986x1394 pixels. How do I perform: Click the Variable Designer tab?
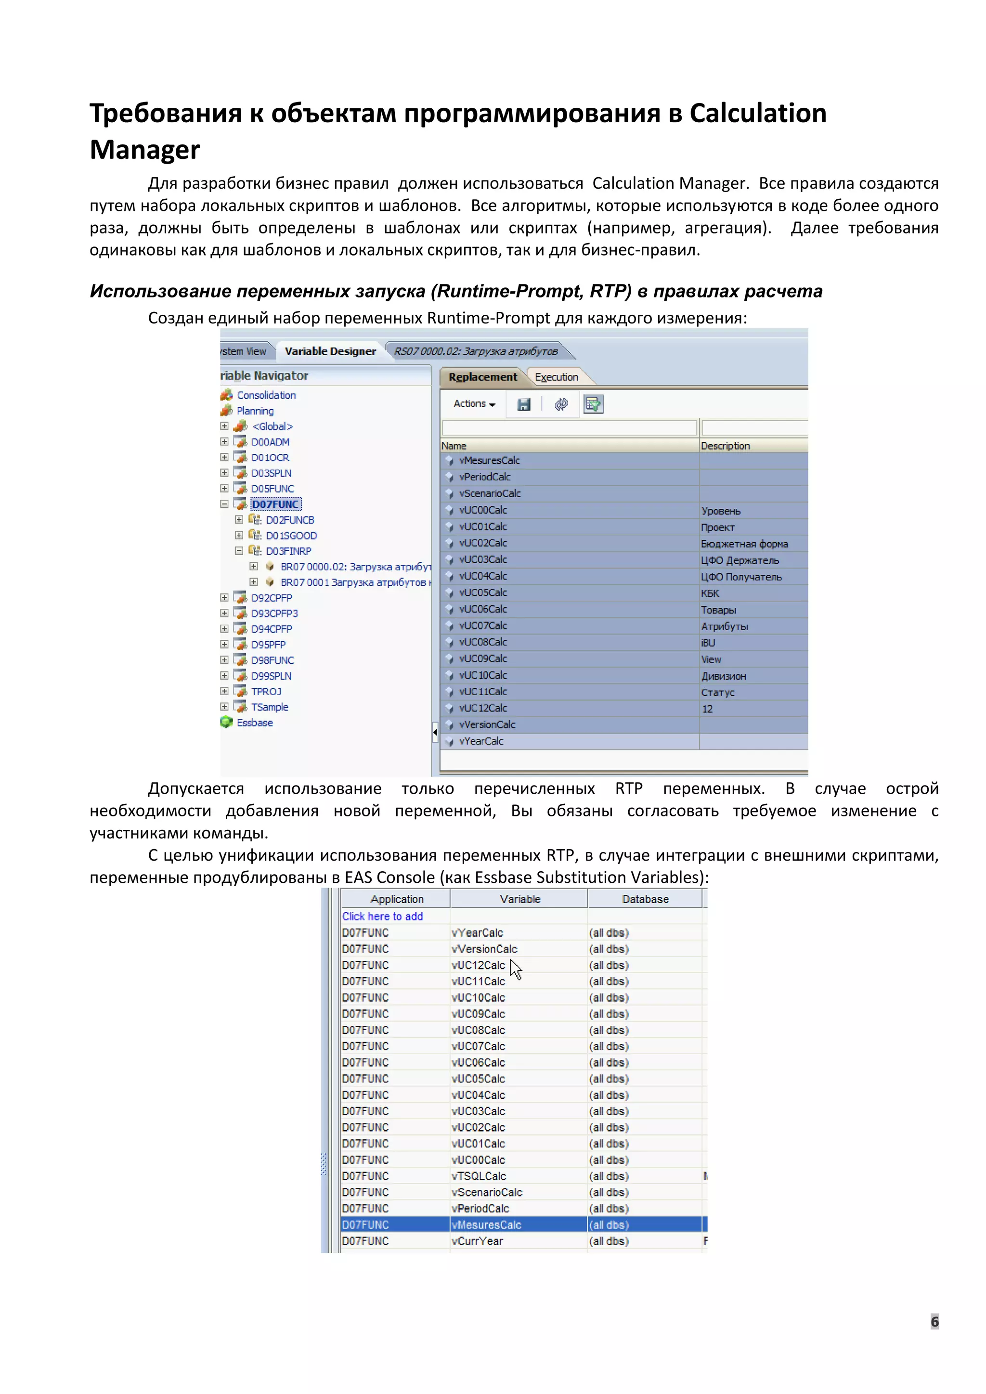click(330, 351)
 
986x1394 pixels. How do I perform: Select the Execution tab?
click(556, 377)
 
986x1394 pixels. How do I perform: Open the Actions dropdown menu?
click(474, 404)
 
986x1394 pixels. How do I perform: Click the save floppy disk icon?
click(523, 404)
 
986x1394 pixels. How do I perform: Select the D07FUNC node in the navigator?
click(276, 504)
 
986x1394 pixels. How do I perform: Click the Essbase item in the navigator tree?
click(254, 723)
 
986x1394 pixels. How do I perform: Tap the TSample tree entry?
click(270, 707)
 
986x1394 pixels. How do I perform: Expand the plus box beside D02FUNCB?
click(239, 520)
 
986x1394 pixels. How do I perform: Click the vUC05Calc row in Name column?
click(483, 593)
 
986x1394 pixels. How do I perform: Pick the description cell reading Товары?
click(718, 609)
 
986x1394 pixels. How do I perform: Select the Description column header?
click(725, 446)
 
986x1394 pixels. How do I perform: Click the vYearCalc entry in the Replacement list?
click(481, 741)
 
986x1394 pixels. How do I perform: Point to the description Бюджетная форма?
click(744, 543)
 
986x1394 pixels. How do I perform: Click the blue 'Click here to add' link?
click(382, 916)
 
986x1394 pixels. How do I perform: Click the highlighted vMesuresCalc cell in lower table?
click(486, 1225)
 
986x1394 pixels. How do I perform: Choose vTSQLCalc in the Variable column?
click(479, 1176)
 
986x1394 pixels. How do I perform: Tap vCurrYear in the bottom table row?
click(477, 1241)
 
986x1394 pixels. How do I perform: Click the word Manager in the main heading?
click(144, 150)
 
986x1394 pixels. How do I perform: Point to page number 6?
click(934, 1321)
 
